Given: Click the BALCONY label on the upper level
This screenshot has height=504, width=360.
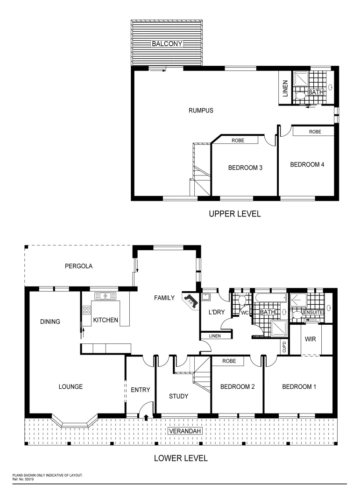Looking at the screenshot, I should click(167, 44).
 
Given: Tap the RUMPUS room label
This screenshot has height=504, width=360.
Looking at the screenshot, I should click(201, 111).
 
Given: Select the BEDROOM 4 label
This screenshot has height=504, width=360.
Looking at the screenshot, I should click(307, 164).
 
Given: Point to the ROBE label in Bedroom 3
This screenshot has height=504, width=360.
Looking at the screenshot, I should click(238, 140).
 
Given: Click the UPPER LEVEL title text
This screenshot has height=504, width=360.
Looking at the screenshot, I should click(234, 214).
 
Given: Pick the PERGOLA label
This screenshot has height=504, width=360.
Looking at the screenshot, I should click(78, 266).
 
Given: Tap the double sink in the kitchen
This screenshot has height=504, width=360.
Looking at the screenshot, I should click(106, 296).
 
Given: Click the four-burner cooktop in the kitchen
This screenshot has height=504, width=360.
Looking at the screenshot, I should click(86, 310).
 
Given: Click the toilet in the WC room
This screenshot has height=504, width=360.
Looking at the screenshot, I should click(242, 300).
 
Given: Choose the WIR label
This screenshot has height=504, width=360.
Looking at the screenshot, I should click(311, 339).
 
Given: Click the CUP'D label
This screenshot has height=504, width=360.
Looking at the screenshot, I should click(284, 347).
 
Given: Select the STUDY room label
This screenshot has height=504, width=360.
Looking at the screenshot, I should click(178, 396).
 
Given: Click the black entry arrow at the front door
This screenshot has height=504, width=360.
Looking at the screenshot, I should click(147, 417).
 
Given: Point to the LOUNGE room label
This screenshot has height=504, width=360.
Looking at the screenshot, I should click(71, 386).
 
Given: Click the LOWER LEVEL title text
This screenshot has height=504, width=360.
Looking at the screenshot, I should click(181, 458).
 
